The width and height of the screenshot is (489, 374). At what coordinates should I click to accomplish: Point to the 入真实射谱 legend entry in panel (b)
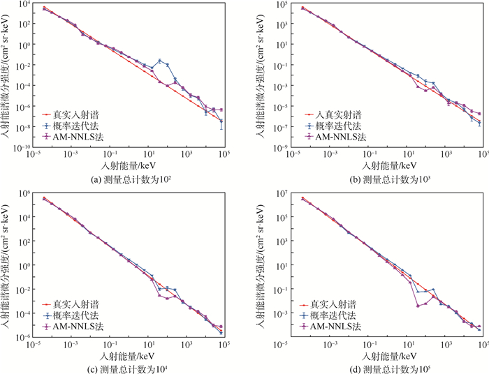[x=333, y=114]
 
